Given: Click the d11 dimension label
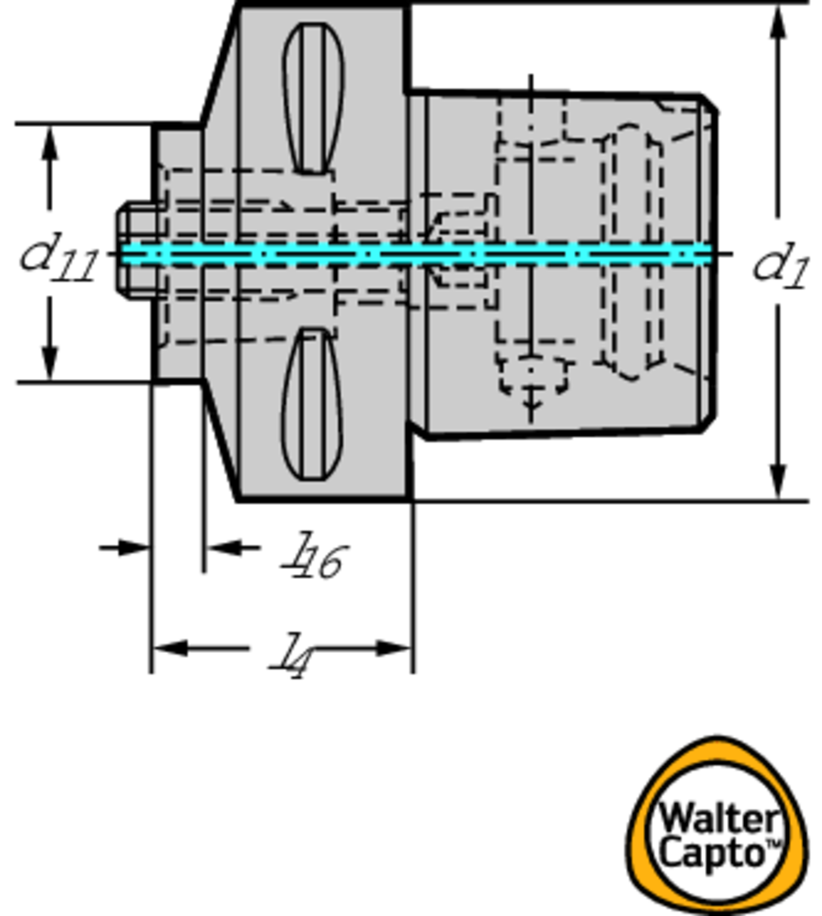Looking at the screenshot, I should click(x=59, y=257).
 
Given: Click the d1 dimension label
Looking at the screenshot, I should click(x=779, y=265).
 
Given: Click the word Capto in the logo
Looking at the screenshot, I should click(x=714, y=852).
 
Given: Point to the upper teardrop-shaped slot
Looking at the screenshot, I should click(x=313, y=97).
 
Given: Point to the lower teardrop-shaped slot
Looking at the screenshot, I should click(x=311, y=404).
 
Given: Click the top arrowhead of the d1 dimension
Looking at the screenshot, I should click(x=778, y=23).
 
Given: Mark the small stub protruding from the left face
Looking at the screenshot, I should click(x=134, y=250).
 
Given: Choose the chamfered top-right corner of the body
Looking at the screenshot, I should click(x=708, y=104).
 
